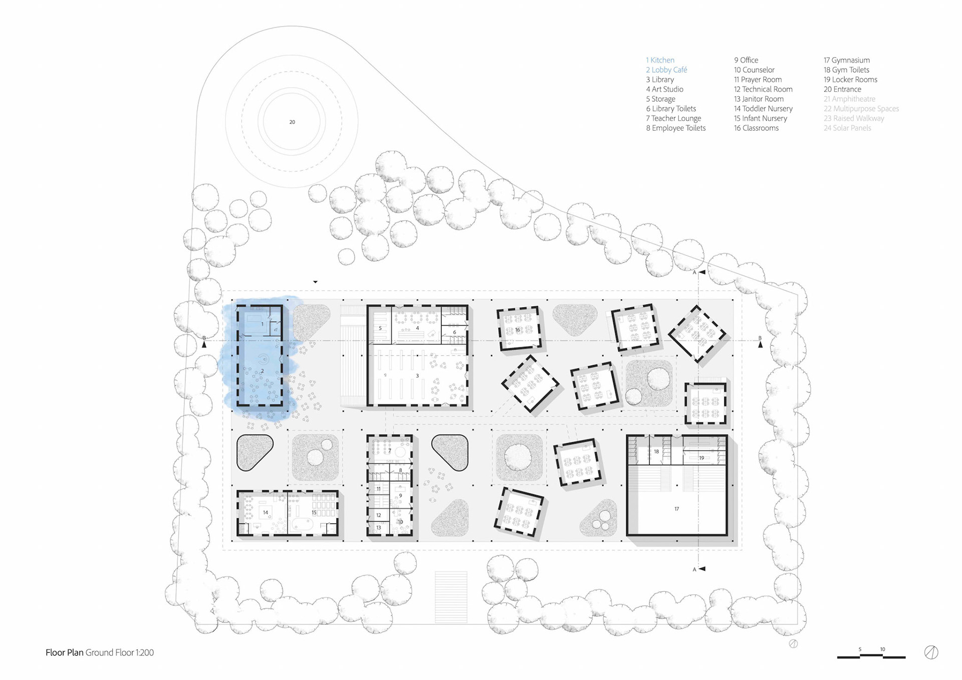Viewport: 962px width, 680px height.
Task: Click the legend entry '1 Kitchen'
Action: click(660, 60)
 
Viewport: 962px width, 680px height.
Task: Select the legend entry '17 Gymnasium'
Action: click(846, 60)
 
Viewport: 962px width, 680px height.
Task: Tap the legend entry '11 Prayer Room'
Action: click(758, 80)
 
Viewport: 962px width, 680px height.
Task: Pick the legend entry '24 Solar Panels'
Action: click(847, 128)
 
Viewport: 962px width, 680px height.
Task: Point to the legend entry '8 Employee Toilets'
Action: click(675, 128)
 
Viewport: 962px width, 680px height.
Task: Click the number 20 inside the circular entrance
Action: click(292, 122)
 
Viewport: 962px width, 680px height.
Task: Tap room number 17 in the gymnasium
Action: click(676, 509)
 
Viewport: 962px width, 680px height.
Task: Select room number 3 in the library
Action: click(417, 375)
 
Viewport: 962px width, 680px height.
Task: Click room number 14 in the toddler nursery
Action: click(266, 512)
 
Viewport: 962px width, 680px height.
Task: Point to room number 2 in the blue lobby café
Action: click(262, 371)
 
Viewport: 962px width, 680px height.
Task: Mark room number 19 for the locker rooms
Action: click(701, 458)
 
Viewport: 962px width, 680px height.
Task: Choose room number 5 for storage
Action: click(380, 329)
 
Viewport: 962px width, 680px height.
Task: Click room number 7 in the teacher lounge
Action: click(390, 450)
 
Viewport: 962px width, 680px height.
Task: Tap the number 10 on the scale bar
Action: click(882, 649)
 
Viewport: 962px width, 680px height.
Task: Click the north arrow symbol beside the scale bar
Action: click(931, 652)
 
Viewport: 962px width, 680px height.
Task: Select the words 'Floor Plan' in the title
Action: click(64, 652)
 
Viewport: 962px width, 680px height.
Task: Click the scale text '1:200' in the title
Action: click(145, 652)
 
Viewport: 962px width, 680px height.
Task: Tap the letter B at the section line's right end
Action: click(760, 338)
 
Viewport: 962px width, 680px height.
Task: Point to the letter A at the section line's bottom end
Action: click(694, 569)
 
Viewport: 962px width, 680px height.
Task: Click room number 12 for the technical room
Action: click(379, 515)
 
